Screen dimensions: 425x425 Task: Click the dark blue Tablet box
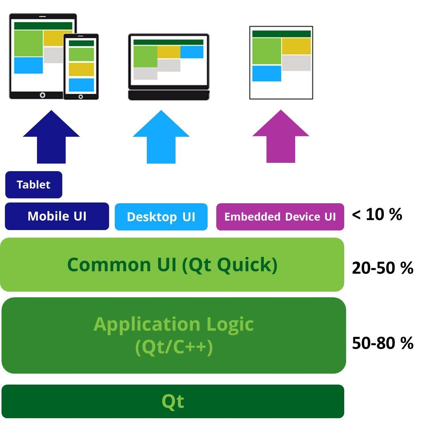(x=34, y=185)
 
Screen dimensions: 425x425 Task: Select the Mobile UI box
(x=57, y=216)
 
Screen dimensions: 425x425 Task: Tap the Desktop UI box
(x=161, y=217)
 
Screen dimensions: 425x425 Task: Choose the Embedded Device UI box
(x=280, y=217)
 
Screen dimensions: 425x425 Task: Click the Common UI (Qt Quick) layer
(x=172, y=264)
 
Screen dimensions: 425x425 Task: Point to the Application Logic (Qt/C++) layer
(x=174, y=335)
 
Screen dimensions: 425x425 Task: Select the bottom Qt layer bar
(x=173, y=401)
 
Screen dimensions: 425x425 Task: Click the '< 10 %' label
(x=377, y=215)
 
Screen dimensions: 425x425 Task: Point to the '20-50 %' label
(x=382, y=268)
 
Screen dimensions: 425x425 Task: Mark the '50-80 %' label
(x=382, y=343)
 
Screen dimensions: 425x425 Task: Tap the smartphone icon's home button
(x=81, y=97)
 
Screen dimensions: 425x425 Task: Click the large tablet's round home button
(x=43, y=95)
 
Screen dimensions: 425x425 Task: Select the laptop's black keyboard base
(x=169, y=95)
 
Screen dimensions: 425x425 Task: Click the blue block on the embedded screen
(x=266, y=73)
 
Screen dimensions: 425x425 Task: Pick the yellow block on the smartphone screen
(x=81, y=70)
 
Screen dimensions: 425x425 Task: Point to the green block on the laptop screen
(x=145, y=57)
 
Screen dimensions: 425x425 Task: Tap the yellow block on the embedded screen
(x=296, y=46)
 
